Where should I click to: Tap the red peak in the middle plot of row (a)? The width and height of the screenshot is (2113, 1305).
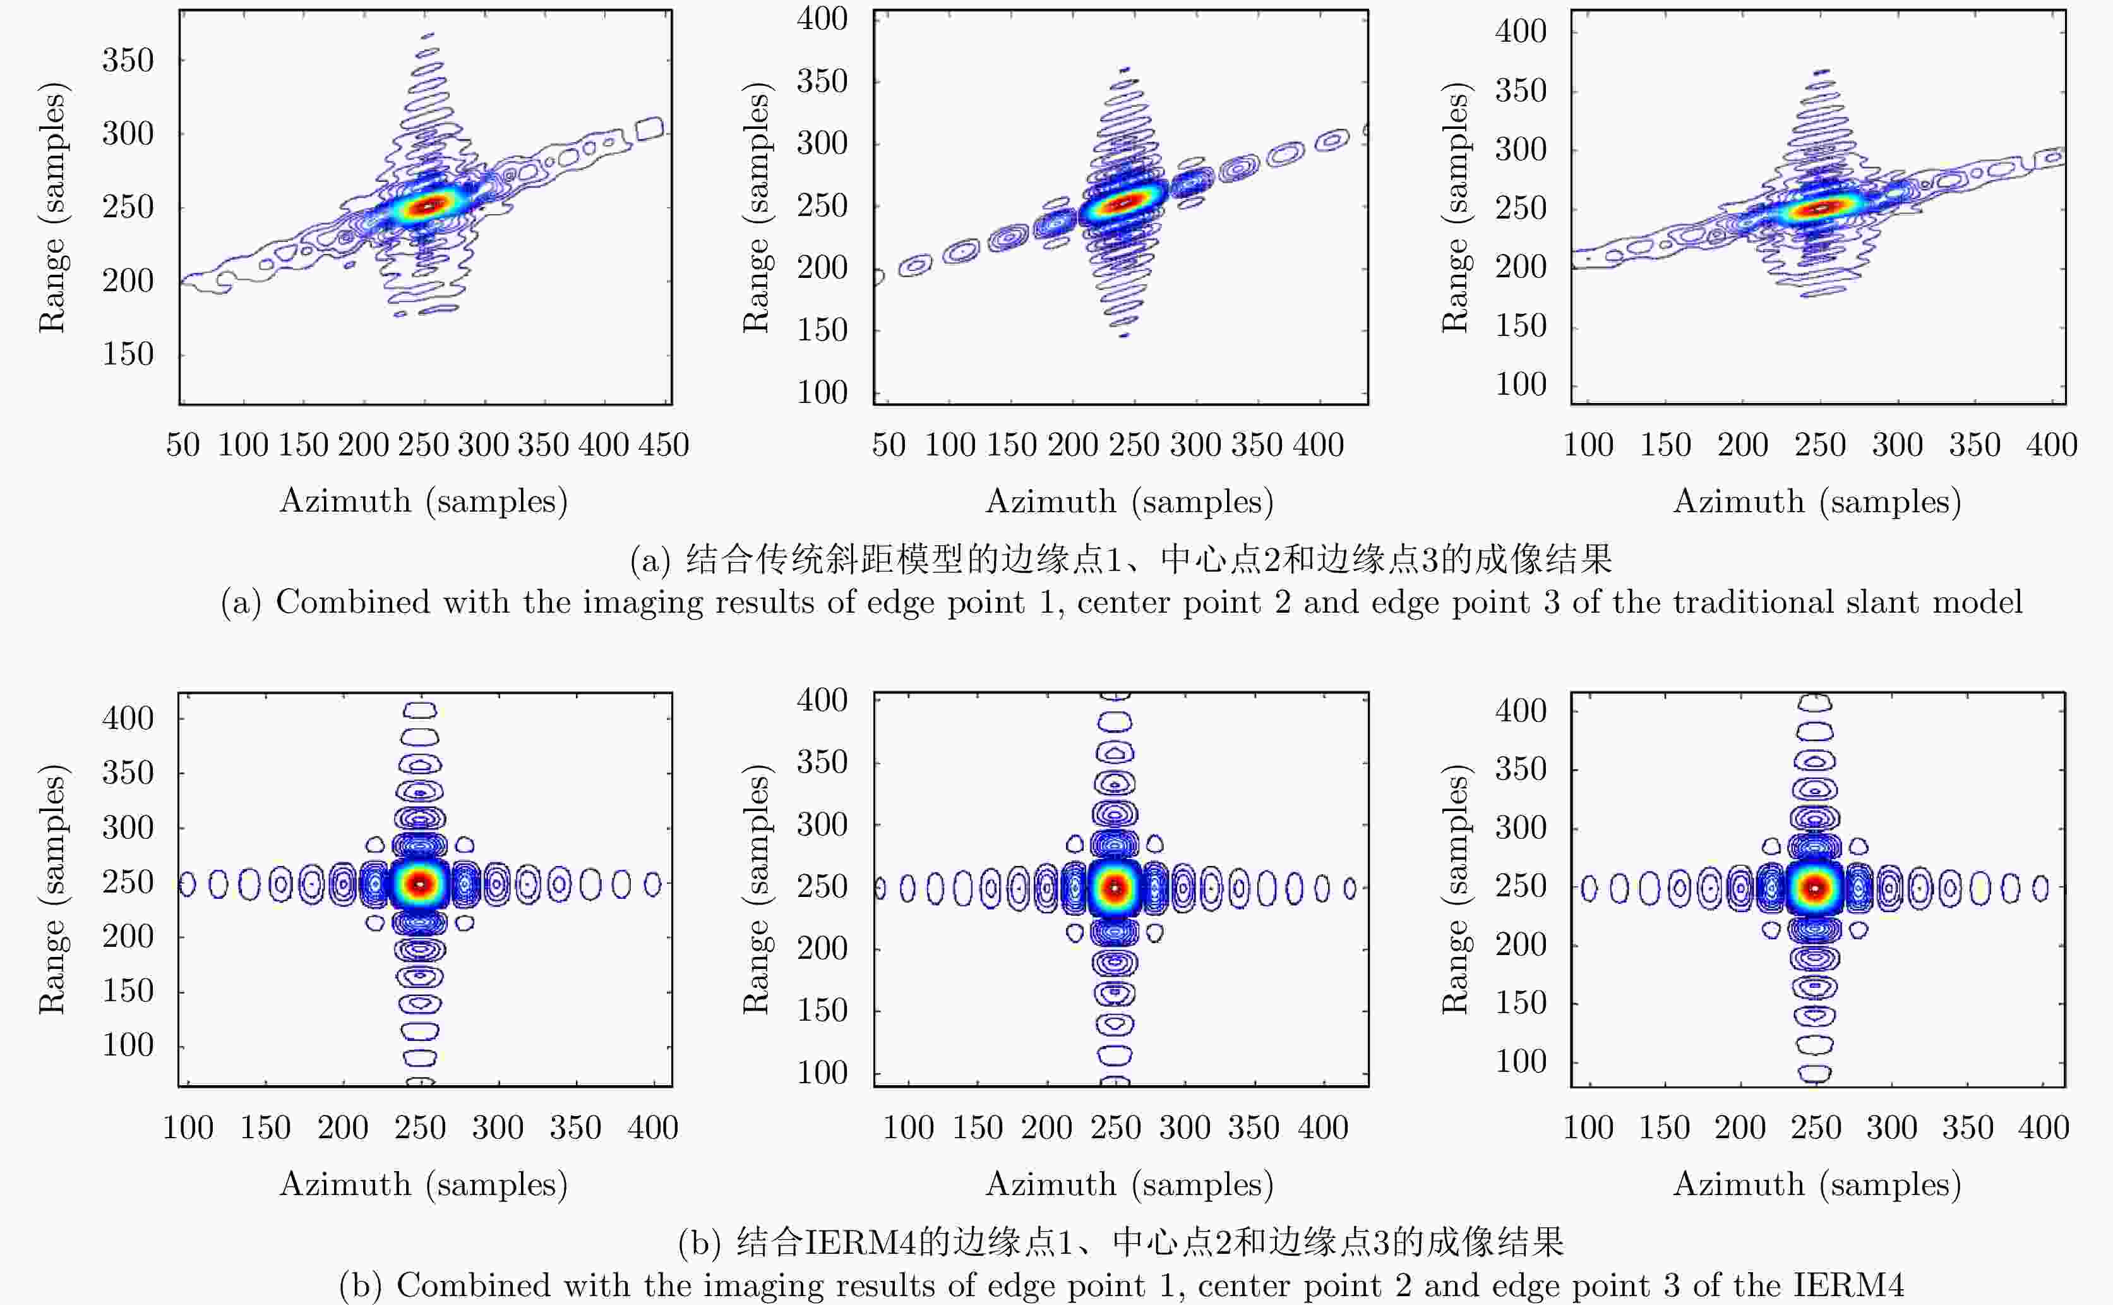[1123, 203]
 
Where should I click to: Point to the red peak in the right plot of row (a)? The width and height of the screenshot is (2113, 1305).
[1819, 208]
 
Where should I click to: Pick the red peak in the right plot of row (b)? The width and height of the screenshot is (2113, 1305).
[1816, 887]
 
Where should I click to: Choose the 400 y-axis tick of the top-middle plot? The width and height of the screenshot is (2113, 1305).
[822, 19]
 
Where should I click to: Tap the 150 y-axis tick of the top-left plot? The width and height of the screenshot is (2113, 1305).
[128, 354]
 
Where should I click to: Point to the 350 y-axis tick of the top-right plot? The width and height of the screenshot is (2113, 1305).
[1520, 90]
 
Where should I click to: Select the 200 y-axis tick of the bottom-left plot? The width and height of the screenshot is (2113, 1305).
[128, 937]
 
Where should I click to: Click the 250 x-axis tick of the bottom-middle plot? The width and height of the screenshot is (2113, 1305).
[1116, 1128]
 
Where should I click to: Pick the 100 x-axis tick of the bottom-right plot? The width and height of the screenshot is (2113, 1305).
[1588, 1128]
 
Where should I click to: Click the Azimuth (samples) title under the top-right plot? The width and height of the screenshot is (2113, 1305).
[1817, 502]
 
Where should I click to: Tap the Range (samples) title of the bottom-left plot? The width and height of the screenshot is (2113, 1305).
[52, 889]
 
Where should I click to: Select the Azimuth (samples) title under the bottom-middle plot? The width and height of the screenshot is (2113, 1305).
[1129, 1184]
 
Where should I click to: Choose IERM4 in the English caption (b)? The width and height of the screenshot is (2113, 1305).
[1848, 1285]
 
